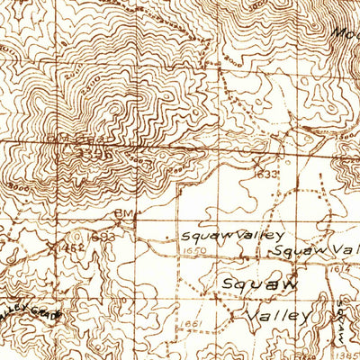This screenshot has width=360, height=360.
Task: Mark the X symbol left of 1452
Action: pyautogui.click(x=48, y=243)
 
